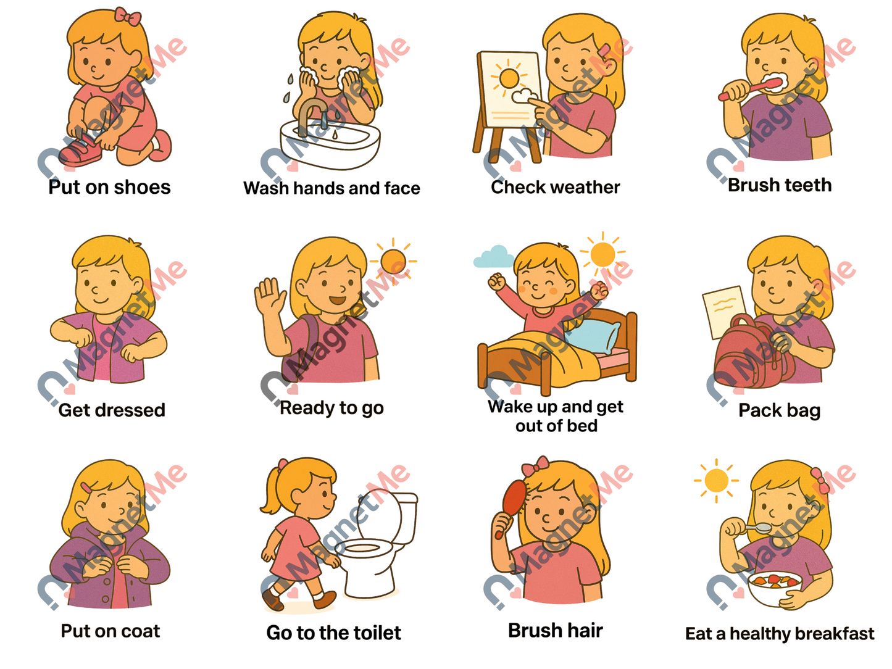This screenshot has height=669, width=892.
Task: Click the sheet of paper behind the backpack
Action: [x=723, y=309]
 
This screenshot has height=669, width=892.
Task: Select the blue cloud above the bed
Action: [x=493, y=257]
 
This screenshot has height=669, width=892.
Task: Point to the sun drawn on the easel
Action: [x=509, y=78]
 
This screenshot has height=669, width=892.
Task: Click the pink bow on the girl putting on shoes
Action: [x=127, y=17]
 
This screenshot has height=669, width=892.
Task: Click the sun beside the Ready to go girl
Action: [x=393, y=260]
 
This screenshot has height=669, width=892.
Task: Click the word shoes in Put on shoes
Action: [x=142, y=188]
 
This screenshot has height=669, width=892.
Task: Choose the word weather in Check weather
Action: [x=582, y=188]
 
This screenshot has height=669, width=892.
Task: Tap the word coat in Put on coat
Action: [x=140, y=631]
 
